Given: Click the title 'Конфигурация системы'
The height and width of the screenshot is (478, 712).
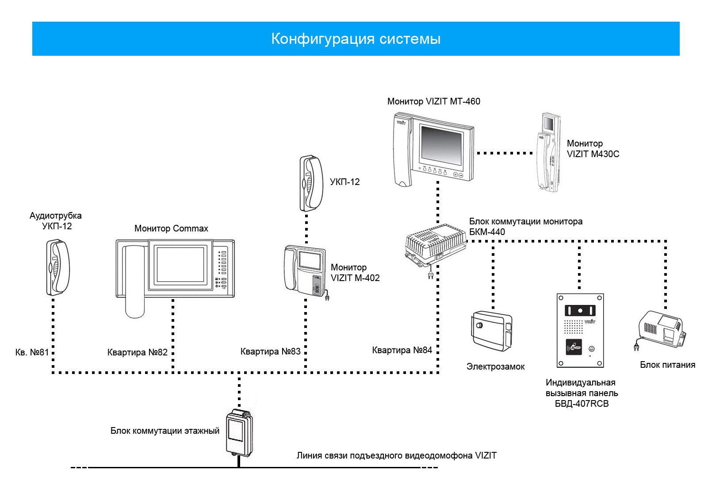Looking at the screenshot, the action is (356, 39).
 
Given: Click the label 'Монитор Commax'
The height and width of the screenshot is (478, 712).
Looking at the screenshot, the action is (171, 228).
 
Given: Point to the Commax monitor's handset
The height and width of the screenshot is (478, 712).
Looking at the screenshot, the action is (135, 281).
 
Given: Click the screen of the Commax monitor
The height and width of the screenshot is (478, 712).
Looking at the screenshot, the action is (180, 265).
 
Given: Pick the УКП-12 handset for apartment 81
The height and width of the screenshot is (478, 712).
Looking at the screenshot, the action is (58, 267).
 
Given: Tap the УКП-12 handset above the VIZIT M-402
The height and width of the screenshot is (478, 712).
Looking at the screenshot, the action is (311, 183).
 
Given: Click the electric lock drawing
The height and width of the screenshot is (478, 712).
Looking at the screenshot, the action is (492, 331).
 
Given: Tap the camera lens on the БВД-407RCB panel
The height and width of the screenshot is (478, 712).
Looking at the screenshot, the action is (580, 310).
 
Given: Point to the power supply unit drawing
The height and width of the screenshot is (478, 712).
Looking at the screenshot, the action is (661, 331).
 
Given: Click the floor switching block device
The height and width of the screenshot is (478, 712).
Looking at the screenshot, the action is (239, 433).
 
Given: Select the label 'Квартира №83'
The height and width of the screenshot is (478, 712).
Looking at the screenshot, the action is (270, 351).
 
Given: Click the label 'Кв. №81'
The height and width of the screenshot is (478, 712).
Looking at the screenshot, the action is (32, 352).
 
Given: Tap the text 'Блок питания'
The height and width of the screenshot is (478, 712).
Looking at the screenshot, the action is (667, 365).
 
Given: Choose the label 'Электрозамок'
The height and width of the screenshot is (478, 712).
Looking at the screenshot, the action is (495, 367).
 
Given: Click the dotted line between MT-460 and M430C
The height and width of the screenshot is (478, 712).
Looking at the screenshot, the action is (505, 153).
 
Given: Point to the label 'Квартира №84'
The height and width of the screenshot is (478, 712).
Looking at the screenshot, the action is (402, 350).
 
